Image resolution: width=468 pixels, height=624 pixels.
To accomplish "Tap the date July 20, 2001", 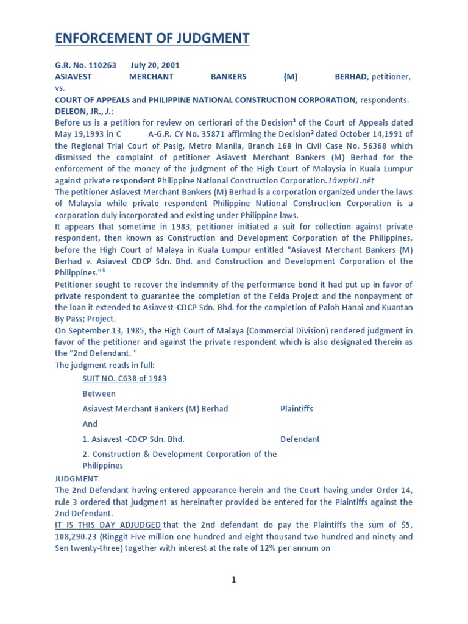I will (155, 65).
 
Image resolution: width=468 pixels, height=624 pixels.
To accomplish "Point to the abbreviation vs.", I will (60, 88).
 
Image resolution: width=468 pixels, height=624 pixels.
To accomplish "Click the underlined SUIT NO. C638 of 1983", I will (124, 379).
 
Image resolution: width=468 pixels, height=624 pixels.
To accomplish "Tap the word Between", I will (99, 394).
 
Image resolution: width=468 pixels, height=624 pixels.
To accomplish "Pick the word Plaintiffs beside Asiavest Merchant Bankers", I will (296, 409).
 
